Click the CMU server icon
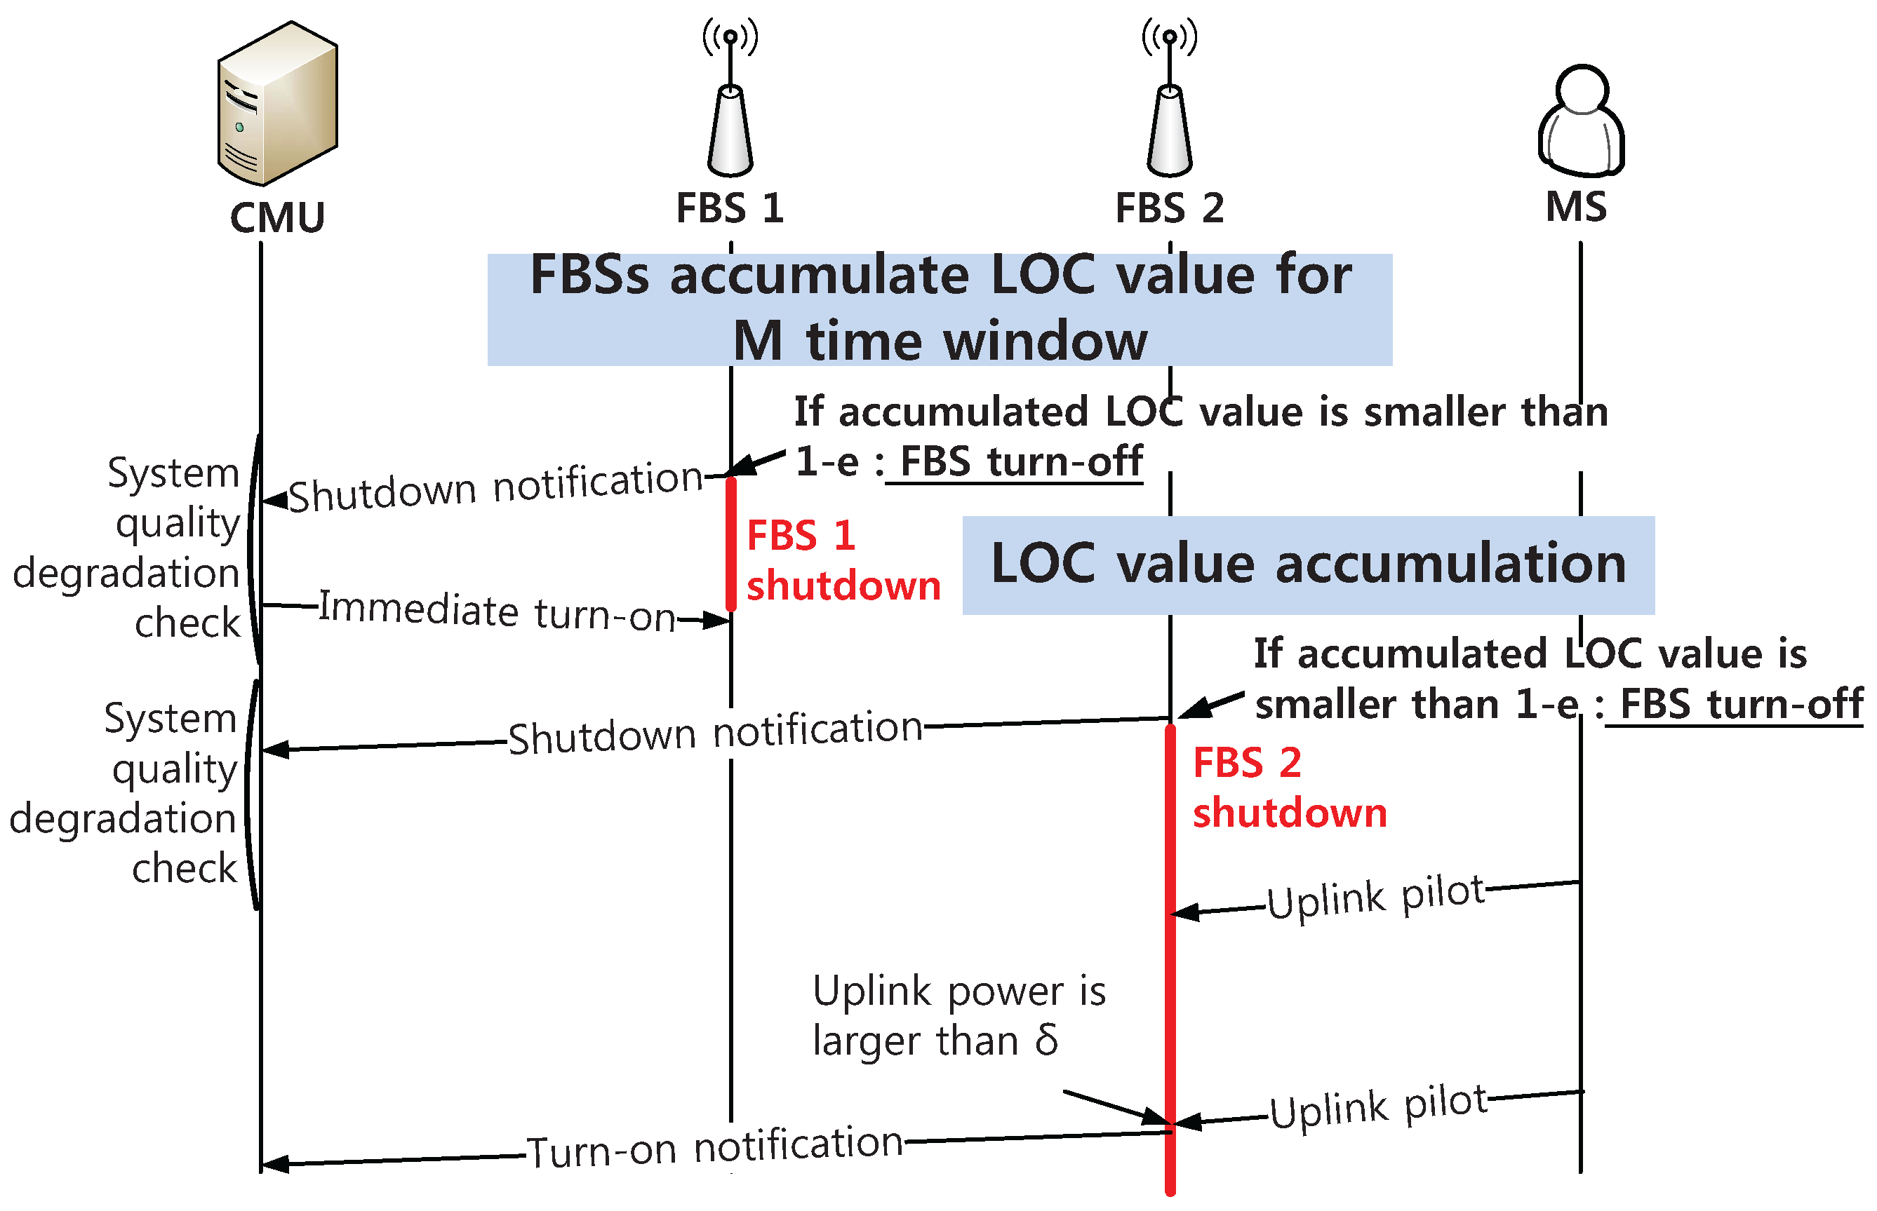click(277, 103)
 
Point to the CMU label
click(277, 218)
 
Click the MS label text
click(1576, 208)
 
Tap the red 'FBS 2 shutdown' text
click(1288, 787)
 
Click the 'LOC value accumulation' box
click(1307, 564)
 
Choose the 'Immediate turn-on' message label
click(497, 611)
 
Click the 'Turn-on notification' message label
click(714, 1146)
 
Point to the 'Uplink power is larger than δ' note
click(958, 1015)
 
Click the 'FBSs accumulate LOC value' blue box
click(940, 309)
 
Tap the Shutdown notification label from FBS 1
click(495, 487)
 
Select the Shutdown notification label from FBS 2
click(714, 732)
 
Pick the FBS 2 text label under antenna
click(1169, 208)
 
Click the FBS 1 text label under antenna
click(729, 208)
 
